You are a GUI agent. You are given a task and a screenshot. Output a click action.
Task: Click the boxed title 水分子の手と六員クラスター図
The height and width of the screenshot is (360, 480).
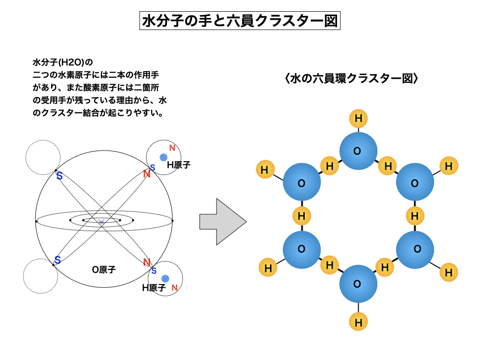(240, 21)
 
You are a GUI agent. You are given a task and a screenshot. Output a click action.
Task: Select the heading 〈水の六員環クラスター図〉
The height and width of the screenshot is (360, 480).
(351, 78)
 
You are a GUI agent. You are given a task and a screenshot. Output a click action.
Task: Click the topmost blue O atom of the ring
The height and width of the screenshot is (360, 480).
(358, 151)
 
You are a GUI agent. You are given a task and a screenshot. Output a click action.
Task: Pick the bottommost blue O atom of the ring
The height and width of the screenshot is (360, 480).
(358, 284)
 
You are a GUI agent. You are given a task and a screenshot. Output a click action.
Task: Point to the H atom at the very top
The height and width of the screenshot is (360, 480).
(359, 119)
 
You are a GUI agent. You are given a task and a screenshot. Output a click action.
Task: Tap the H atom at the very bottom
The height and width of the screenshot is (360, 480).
(359, 322)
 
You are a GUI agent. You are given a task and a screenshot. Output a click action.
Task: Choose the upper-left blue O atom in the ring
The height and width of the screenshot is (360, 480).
(301, 183)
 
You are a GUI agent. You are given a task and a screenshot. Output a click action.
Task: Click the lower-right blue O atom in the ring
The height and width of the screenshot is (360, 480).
(415, 249)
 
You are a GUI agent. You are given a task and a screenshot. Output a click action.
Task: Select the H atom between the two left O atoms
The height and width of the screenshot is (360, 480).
(301, 216)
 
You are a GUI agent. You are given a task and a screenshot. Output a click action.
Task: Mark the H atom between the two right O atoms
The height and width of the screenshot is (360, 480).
(415, 216)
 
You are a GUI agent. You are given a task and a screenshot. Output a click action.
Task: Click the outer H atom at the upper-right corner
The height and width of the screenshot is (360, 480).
(449, 165)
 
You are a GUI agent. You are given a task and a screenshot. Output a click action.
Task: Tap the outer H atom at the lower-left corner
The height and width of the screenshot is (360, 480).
(268, 268)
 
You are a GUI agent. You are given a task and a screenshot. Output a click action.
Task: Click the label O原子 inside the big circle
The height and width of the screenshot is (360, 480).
(104, 270)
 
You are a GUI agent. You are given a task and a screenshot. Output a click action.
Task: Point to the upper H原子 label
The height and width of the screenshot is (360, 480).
(179, 165)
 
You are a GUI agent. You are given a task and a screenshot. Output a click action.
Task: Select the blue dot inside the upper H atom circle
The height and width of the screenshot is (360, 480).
(163, 157)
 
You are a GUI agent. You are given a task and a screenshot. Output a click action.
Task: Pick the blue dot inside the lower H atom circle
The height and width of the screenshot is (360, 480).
(165, 278)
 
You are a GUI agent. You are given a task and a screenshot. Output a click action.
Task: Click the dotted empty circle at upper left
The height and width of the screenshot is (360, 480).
(43, 158)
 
